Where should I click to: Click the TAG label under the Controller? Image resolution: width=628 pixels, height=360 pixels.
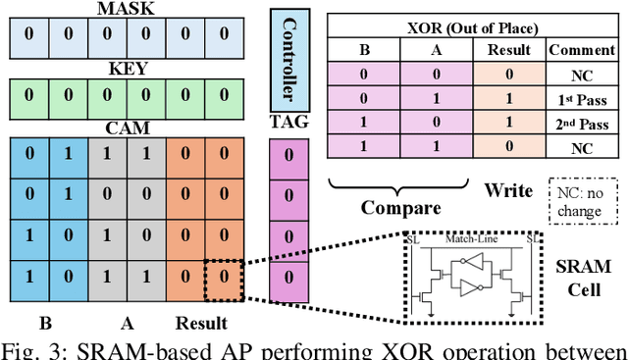(288, 125)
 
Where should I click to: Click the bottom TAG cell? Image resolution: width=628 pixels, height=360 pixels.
(288, 276)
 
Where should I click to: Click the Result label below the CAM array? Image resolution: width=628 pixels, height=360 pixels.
(201, 323)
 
